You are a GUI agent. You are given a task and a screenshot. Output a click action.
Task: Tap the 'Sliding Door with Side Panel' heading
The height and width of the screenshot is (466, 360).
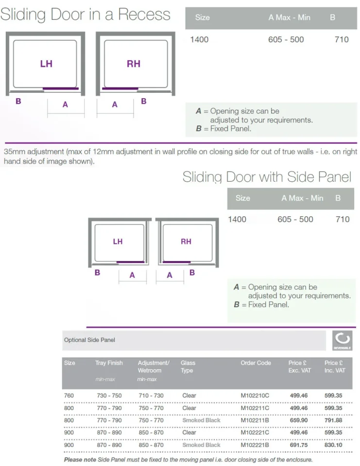267,177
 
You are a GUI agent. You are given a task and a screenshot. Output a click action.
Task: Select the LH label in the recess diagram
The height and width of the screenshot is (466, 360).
46,64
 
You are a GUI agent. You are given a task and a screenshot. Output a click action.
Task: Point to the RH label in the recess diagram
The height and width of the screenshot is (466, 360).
133,64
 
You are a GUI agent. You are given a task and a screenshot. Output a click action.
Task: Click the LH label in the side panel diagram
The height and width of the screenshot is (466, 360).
118,242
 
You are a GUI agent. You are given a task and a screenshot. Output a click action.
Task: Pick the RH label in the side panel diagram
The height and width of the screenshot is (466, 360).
186,242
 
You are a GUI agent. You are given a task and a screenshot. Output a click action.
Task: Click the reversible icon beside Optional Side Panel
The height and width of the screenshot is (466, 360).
343,340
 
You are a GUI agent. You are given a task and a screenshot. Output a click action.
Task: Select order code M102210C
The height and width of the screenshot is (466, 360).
255,396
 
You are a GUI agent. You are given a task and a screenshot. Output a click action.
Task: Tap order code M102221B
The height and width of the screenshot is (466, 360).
255,445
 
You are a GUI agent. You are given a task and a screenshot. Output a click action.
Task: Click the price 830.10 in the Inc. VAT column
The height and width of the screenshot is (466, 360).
333,445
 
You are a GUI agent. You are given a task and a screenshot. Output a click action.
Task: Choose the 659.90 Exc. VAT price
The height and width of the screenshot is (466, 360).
298,420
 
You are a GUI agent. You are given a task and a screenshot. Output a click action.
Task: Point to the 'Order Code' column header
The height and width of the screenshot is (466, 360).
256,363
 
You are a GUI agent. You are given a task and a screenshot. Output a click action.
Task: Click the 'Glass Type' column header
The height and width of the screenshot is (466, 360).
188,366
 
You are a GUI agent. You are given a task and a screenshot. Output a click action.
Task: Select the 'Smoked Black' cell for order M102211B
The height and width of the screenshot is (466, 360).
201,420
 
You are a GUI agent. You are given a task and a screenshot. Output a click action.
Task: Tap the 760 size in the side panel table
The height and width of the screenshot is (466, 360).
69,396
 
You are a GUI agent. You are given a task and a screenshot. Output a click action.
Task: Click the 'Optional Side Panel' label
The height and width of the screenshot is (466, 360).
89,340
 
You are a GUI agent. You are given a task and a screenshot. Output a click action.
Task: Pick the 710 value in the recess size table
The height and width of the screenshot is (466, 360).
342,39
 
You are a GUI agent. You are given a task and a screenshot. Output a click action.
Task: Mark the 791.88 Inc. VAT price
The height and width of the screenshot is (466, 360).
333,420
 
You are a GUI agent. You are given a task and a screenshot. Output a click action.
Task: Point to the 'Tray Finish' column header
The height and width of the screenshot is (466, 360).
109,363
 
